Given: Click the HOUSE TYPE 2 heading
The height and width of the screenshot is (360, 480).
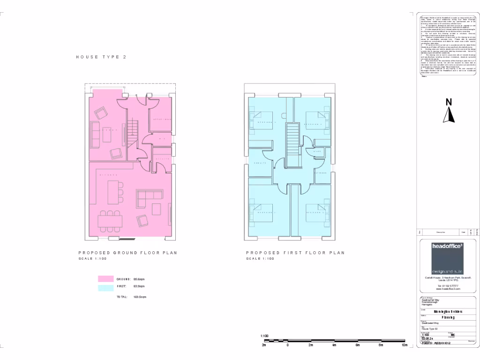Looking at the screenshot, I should coord(101,57).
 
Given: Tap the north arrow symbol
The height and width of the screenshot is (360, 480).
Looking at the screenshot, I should coord(449,111).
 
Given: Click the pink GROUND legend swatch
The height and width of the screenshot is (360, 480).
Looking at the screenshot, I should coord(106,279).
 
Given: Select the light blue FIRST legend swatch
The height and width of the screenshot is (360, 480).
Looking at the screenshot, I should coord(106,288).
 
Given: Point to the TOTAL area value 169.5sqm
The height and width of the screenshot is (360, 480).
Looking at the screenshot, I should coord(140,297).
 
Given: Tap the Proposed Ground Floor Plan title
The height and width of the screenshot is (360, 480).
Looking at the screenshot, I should coord(127,253).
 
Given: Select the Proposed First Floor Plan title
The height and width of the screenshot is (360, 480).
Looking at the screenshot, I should coord(295,253).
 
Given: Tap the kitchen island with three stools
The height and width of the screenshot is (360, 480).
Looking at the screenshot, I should coord(113,193).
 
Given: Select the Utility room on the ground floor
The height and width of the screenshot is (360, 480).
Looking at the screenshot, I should coord(162,159).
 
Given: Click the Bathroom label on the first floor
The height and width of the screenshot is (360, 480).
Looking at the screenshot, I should coord(321,172).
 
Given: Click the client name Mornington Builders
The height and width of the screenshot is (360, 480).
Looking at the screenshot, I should coord(448,311).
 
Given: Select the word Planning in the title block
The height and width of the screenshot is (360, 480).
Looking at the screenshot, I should coord(448,317).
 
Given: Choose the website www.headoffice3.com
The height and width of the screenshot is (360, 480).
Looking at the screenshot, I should coord(448,289).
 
